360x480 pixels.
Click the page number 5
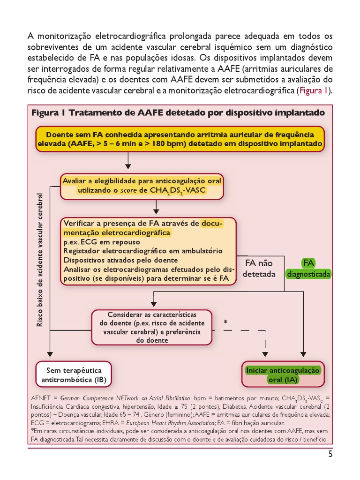coord(330,454)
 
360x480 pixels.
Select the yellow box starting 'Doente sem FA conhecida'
coord(180,139)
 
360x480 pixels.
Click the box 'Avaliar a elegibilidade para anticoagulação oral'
coord(142,186)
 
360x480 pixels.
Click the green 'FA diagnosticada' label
coord(308,268)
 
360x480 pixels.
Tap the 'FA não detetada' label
coord(259,268)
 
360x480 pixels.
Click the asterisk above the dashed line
coord(225,322)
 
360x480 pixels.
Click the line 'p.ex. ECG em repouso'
coord(101,242)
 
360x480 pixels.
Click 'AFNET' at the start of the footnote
coord(41,397)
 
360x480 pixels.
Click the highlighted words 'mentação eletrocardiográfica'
coord(117,232)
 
